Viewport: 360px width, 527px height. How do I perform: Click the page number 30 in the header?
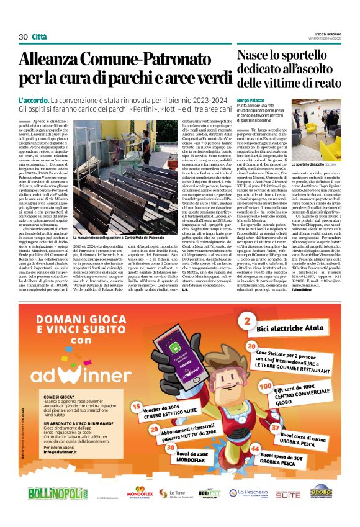point(24,37)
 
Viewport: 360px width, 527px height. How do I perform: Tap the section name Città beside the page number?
point(39,37)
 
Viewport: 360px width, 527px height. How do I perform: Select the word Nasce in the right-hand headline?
point(256,55)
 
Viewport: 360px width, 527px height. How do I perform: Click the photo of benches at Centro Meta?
point(117,181)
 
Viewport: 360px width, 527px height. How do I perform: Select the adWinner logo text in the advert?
point(88,358)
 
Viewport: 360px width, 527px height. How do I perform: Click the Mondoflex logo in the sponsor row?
point(140,493)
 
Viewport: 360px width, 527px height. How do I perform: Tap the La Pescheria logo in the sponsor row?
point(246,493)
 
